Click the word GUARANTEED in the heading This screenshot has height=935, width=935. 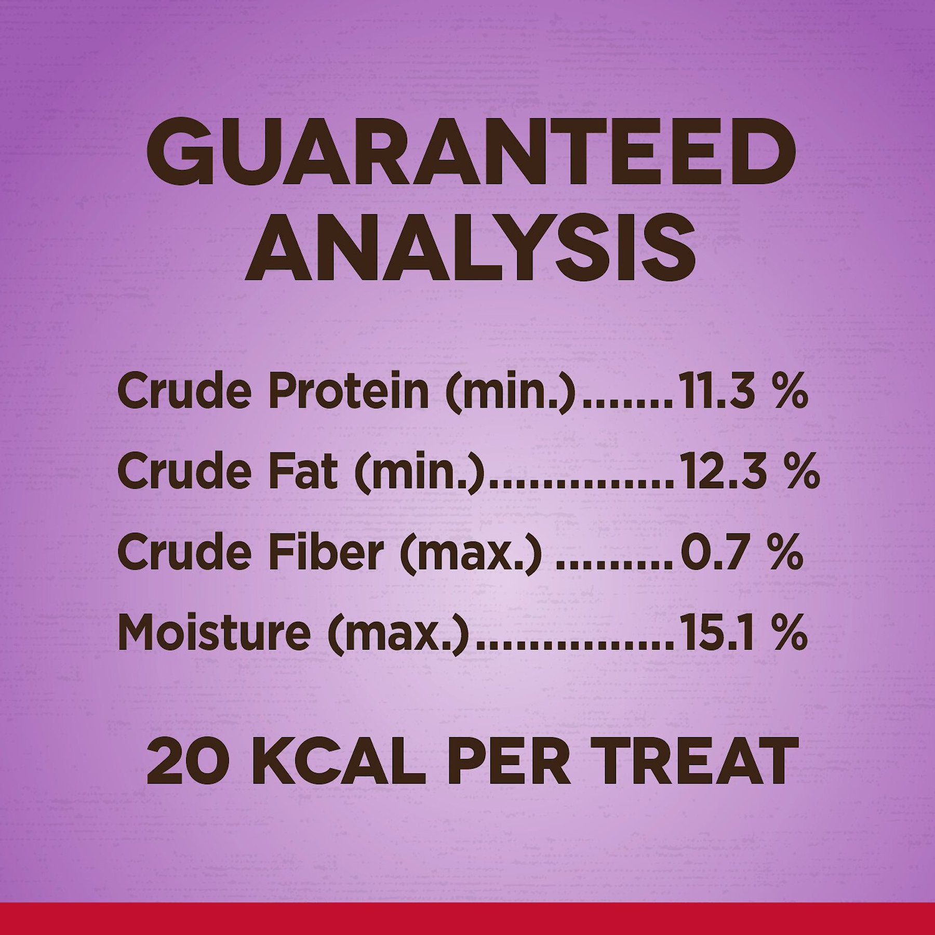point(471,153)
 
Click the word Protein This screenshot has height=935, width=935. point(349,391)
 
